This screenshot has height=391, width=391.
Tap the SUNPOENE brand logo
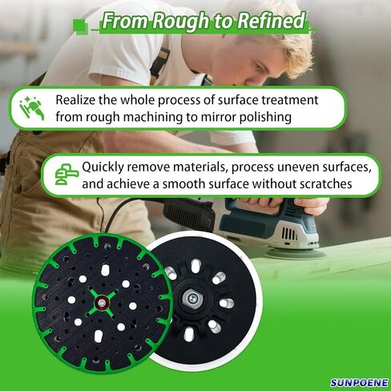359,382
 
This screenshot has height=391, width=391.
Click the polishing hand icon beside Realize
32,108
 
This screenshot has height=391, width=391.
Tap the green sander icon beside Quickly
67,174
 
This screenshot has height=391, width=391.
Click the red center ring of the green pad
102,303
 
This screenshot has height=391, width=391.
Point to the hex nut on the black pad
191,298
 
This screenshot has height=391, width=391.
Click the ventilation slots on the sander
289,234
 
